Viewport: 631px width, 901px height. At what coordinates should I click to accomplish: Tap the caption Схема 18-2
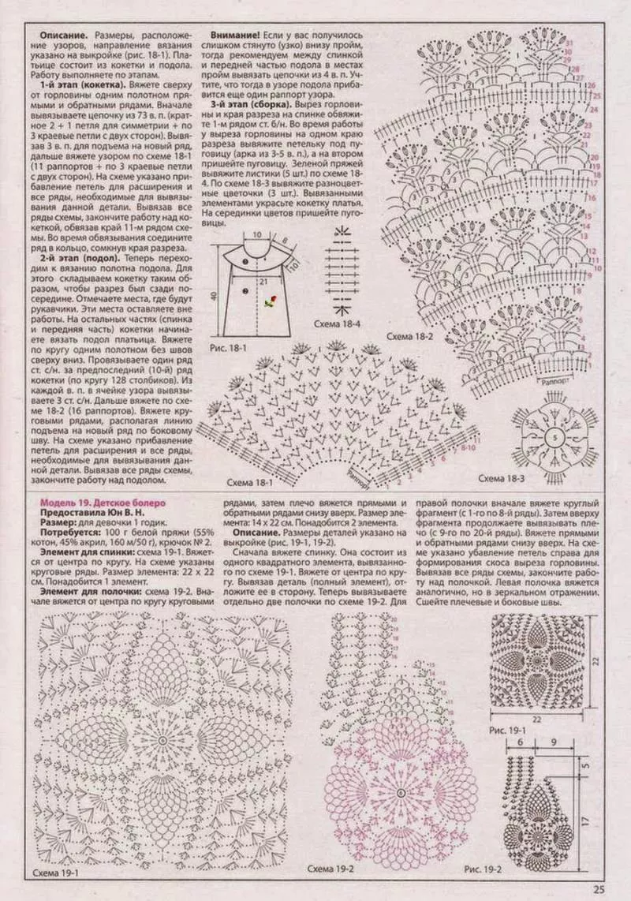pyautogui.click(x=408, y=337)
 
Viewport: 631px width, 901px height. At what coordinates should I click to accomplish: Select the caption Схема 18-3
pyautogui.click(x=502, y=479)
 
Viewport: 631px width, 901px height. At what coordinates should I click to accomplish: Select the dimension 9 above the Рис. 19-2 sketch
pyautogui.click(x=555, y=742)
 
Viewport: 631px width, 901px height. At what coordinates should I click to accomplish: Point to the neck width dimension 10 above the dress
pyautogui.click(x=257, y=235)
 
